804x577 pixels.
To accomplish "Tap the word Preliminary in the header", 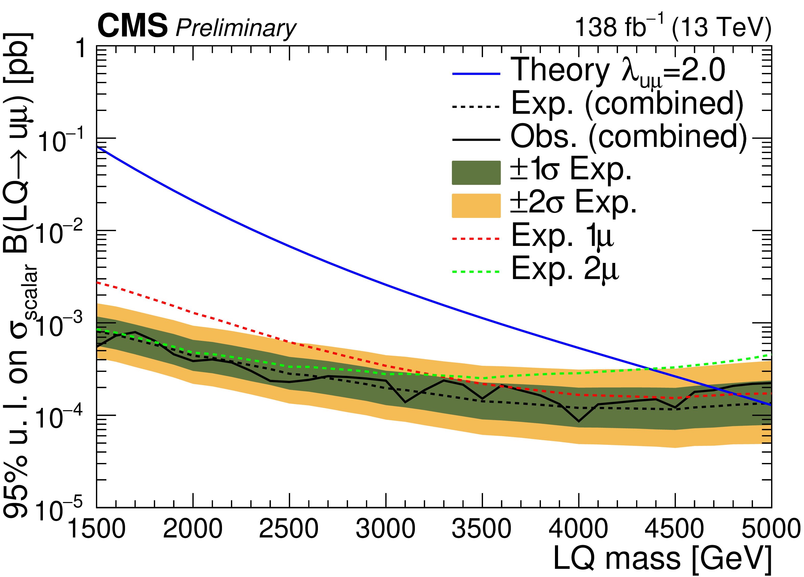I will coord(236,28).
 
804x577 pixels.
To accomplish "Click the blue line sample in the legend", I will coord(476,74).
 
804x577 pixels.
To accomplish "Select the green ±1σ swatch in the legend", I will coord(476,173).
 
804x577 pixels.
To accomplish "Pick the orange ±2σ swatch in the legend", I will coord(476,206).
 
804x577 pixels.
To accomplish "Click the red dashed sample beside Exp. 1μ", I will coord(476,239).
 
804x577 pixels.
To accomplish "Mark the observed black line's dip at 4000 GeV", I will coord(578,421).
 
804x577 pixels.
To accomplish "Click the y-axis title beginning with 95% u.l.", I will coord(19,277).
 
